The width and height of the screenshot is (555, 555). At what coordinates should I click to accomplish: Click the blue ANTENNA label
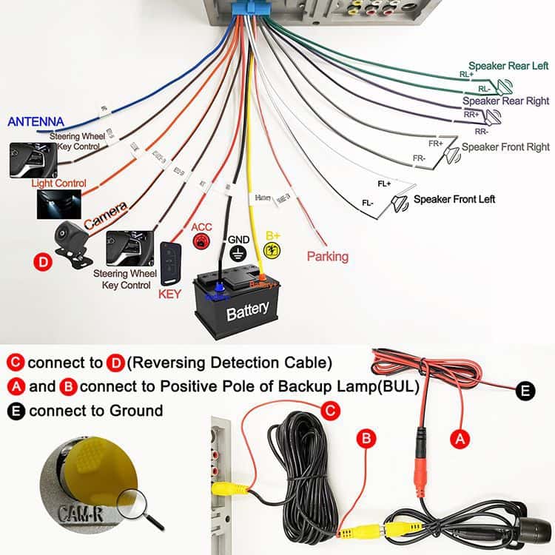[36, 122]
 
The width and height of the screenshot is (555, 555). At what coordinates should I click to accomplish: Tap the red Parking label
[327, 257]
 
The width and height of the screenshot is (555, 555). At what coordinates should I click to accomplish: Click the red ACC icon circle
[201, 242]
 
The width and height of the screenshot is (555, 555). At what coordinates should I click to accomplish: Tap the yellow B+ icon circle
[273, 250]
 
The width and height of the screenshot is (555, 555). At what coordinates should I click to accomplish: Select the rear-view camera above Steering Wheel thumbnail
[72, 241]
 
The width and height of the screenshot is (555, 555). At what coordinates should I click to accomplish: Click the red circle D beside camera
[42, 261]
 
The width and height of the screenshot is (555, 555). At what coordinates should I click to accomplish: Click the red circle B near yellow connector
[366, 439]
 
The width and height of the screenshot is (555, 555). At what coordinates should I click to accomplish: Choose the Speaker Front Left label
[454, 199]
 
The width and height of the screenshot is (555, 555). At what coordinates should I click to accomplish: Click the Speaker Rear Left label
[508, 66]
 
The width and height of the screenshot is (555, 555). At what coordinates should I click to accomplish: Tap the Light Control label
[58, 183]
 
